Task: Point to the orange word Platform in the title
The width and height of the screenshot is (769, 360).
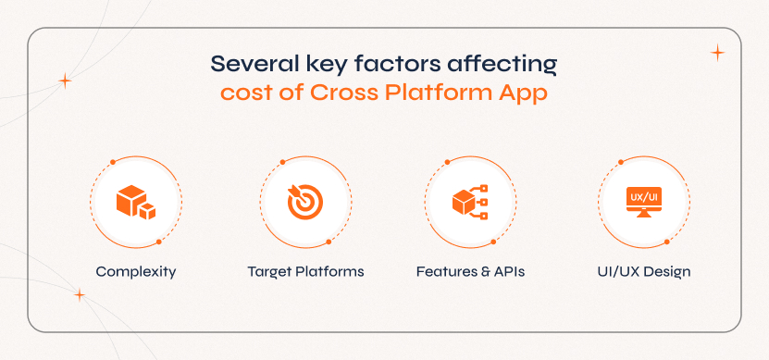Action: [438, 93]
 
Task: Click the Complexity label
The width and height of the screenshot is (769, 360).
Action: [136, 272]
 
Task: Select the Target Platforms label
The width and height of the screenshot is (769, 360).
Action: [305, 271]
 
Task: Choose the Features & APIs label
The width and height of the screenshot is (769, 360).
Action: [470, 271]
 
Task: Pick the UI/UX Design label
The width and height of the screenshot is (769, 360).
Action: [644, 272]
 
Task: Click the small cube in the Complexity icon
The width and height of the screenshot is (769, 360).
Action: [147, 211]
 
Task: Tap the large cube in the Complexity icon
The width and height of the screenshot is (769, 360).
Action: [131, 200]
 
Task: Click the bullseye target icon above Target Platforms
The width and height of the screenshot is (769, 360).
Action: [305, 202]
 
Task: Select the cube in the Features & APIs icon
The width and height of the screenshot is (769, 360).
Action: [464, 202]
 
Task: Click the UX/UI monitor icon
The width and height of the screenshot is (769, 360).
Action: [644, 202]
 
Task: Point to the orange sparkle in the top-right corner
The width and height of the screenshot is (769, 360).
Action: [717, 53]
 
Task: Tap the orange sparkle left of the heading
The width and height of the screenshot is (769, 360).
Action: [65, 81]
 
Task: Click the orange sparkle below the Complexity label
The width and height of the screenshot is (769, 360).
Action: [79, 295]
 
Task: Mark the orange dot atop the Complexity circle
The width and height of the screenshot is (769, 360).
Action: [113, 162]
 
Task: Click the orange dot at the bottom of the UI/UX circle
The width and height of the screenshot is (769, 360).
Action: [667, 242]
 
